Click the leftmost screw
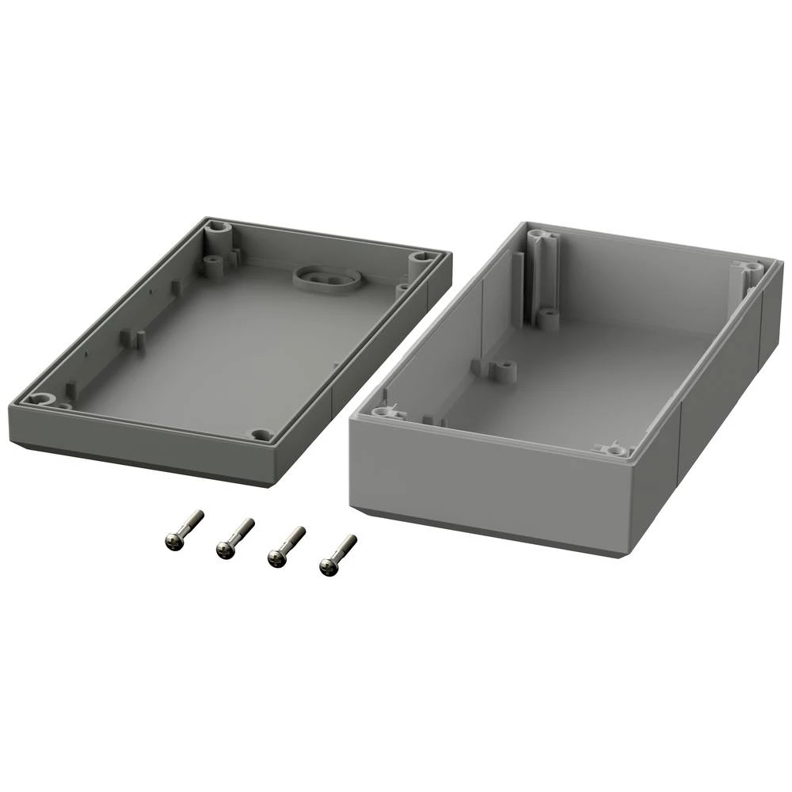(183, 531)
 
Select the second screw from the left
(234, 539)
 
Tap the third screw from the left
(286, 546)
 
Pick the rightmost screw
(337, 554)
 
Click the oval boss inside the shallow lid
(327, 278)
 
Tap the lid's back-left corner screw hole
(219, 232)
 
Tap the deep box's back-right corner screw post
(749, 270)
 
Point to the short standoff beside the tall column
(547, 318)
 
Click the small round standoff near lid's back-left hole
(212, 262)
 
